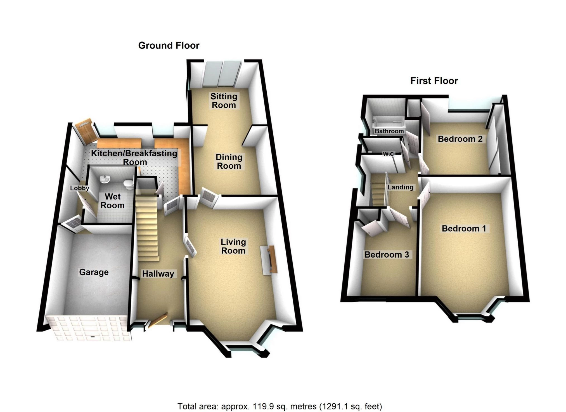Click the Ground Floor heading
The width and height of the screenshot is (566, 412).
pos(169,45)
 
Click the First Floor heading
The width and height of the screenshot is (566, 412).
pos(434,81)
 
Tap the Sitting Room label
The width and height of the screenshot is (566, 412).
pos(224,101)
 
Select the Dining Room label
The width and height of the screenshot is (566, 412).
pos(229,161)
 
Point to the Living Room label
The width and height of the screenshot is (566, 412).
pos(233,246)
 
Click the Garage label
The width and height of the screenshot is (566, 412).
pos(94,272)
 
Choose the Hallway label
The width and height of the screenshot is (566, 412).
pos(158,274)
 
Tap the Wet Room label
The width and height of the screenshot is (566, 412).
pos(112,201)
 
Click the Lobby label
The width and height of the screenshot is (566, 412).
pos(79,188)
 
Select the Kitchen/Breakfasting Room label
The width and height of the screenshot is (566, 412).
pos(134,157)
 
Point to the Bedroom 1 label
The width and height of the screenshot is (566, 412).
pos(464,228)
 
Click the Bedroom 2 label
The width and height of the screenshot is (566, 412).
pos(460,139)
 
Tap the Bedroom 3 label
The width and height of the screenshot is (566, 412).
pos(387,255)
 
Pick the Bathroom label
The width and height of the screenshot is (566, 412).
pos(389,131)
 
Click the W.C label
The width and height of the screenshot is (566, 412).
pos(388,154)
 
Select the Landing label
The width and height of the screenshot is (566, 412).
pos(400,187)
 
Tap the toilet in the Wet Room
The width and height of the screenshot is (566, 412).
pos(128,184)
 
